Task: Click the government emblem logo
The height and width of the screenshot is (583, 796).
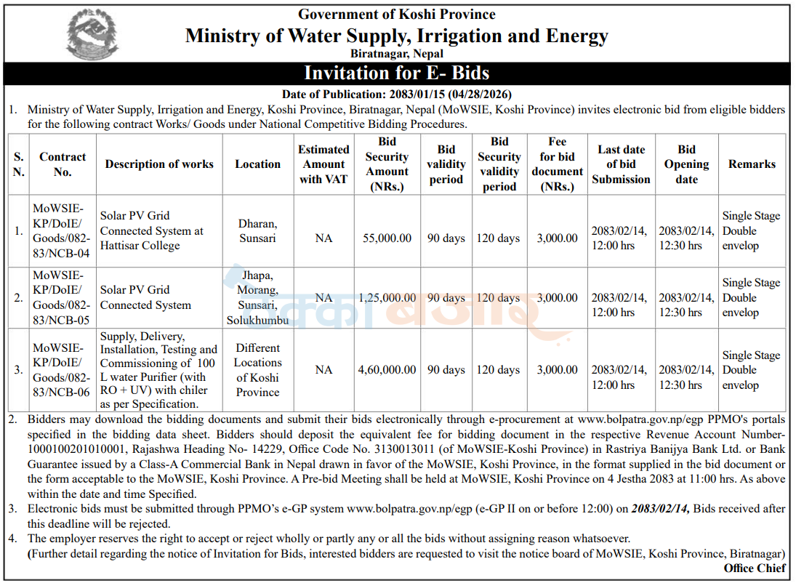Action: click(x=92, y=34)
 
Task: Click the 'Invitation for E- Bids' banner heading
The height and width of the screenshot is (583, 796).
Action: click(x=396, y=73)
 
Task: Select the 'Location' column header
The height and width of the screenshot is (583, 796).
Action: click(x=258, y=164)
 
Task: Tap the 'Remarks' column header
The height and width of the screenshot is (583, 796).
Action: click(x=752, y=164)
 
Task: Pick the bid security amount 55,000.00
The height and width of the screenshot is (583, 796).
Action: click(x=387, y=238)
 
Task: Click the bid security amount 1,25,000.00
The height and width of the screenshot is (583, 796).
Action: click(x=387, y=297)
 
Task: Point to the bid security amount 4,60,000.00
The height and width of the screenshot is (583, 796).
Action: click(x=387, y=370)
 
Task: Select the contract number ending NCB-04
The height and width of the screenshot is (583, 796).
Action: click(x=61, y=230)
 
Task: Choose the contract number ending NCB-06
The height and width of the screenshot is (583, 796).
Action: click(x=61, y=370)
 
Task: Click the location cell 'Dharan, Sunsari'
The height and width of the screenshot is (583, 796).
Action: click(x=258, y=230)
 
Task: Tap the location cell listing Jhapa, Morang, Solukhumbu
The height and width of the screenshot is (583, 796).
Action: click(x=258, y=297)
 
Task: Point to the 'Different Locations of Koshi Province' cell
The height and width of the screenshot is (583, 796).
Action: click(x=258, y=370)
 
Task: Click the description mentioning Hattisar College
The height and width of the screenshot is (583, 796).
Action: click(x=151, y=230)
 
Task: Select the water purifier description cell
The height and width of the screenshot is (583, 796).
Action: click(x=158, y=370)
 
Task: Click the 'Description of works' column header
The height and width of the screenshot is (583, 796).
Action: click(x=159, y=164)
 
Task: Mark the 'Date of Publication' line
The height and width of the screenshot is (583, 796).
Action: click(x=396, y=94)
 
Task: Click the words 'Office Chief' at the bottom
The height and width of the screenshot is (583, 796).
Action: click(x=755, y=568)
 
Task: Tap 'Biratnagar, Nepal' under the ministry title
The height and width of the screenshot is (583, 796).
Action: click(x=396, y=53)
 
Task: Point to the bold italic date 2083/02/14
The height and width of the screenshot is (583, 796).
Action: click(x=661, y=508)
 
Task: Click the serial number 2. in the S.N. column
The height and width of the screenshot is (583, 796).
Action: click(x=18, y=297)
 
